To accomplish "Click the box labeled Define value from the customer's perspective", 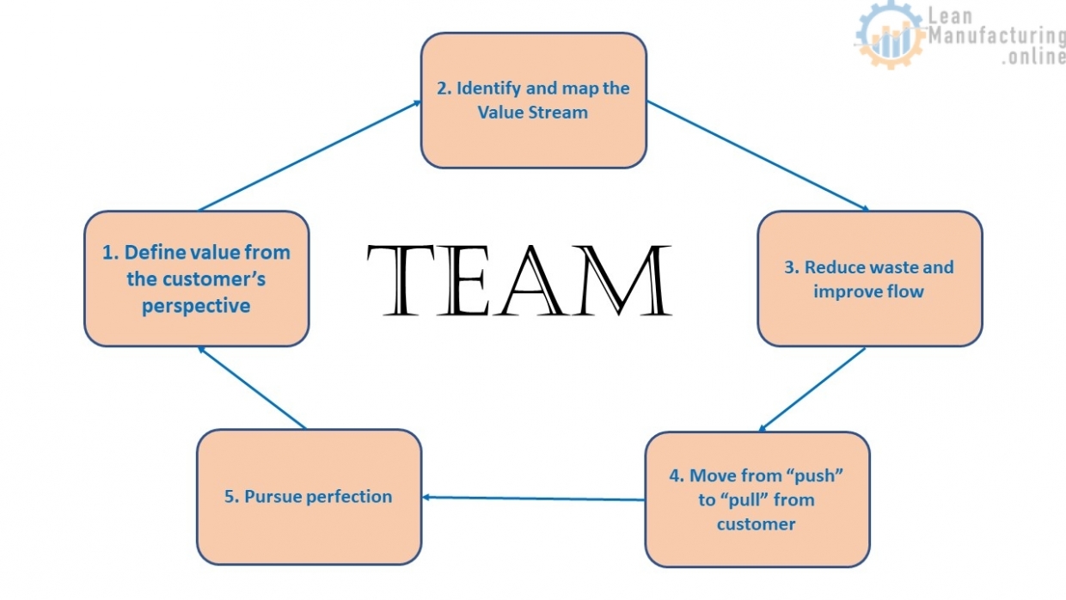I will (196, 279).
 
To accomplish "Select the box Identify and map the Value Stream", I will (533, 100).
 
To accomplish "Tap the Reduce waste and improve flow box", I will (869, 279).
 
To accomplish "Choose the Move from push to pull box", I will (757, 499).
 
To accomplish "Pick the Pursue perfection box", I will (309, 497).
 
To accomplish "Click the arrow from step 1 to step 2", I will (309, 156).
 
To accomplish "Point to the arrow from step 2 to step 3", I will (757, 156).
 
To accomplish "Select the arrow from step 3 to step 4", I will (812, 389).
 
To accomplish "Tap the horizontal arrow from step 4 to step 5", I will (533, 498).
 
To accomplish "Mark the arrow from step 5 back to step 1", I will (251, 388).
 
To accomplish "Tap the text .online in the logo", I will (1032, 57).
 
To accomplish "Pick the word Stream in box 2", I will (557, 113).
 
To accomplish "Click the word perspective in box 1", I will (196, 306).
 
